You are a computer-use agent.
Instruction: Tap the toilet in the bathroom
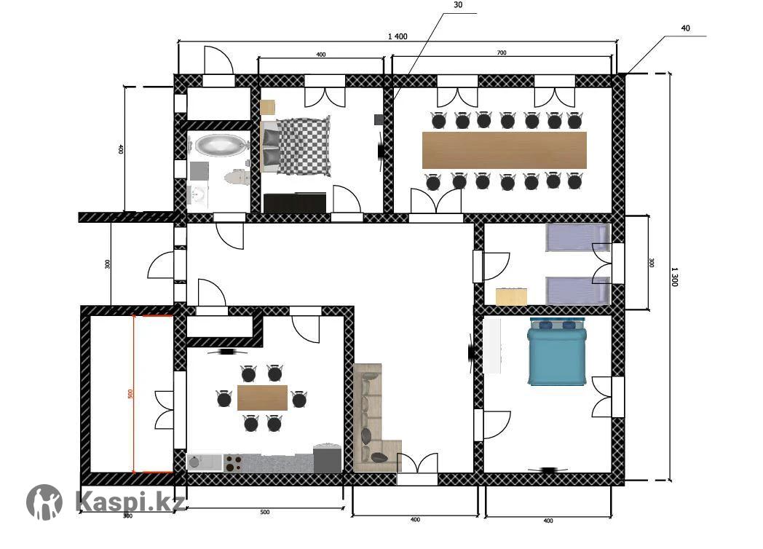[x=237, y=177]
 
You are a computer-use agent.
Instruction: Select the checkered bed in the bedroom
[x=296, y=147]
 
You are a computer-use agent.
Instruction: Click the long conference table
[x=504, y=150]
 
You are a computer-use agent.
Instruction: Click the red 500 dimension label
[x=130, y=394]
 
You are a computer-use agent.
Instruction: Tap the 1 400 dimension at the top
[x=398, y=36]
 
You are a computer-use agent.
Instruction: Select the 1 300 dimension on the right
[x=674, y=277]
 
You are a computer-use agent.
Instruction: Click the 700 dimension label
[x=502, y=52]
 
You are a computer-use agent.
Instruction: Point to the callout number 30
[x=458, y=5]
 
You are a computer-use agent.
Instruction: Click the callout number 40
[x=685, y=28]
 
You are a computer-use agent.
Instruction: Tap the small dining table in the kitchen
[x=262, y=398]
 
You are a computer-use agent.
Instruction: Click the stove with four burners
[x=232, y=462]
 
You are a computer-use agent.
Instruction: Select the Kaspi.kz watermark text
[x=130, y=500]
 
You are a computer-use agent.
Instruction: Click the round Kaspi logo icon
[x=44, y=502]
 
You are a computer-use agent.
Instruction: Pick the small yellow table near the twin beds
[x=511, y=297]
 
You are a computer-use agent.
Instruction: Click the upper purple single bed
[x=577, y=237]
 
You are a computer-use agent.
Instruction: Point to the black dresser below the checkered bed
[x=295, y=203]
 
